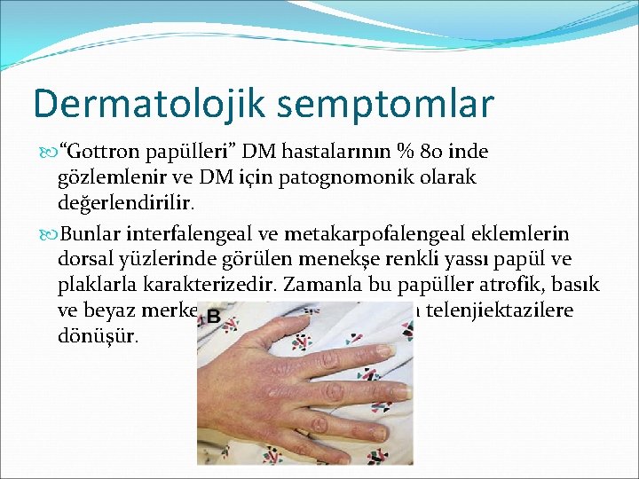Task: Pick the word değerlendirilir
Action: tap(109, 202)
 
